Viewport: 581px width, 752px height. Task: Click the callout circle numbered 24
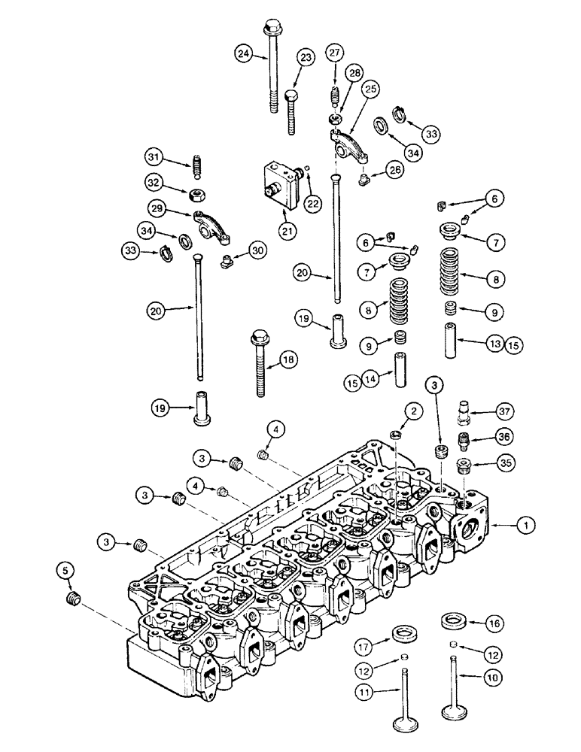click(x=242, y=53)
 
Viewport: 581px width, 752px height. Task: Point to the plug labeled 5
click(x=72, y=600)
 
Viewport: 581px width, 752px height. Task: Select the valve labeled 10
click(x=454, y=688)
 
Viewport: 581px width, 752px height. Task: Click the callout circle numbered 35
click(x=503, y=462)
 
